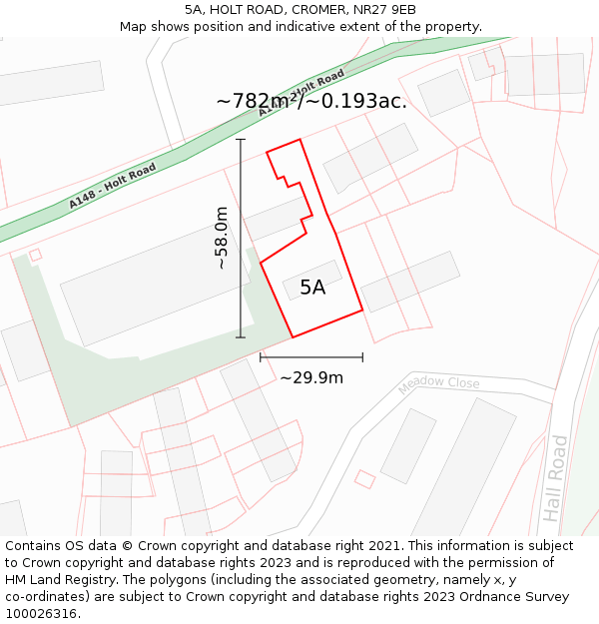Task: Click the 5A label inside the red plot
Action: pos(312,288)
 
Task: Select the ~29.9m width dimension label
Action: pos(311,377)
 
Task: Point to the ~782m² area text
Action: pos(260,102)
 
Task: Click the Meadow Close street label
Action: pos(438,384)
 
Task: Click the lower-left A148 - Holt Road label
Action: pos(112,187)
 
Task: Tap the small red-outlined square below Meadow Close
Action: pos(364,479)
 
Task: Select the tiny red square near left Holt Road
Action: pos(35,256)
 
